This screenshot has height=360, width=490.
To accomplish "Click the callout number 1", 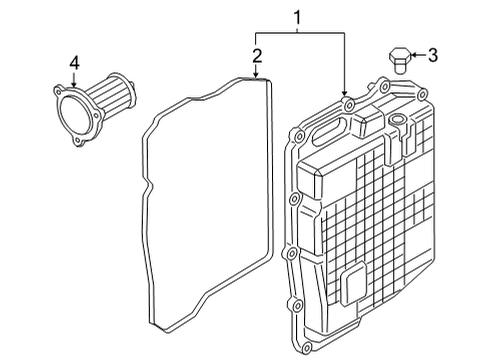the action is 297,17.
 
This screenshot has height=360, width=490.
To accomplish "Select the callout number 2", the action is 257,56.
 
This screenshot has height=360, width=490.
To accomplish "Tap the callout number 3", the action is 432,55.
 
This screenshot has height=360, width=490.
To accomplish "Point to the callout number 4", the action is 74,63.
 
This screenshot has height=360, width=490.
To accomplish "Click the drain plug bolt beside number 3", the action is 399,60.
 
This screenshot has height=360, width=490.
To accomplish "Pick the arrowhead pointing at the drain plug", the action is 412,55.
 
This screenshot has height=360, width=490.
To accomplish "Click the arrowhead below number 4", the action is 74,85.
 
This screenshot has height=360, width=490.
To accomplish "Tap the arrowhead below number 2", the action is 256,74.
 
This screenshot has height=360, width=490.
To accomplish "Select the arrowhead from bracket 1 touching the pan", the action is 344,92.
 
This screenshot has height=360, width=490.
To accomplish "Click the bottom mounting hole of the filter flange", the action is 78,141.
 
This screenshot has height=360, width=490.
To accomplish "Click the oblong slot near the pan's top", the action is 329,130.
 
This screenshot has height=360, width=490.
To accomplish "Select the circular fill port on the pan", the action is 397,119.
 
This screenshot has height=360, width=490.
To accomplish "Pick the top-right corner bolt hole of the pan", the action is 421,94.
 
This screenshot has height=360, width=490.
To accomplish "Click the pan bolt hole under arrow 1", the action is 349,105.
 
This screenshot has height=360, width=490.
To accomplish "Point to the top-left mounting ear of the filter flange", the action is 59,91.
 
